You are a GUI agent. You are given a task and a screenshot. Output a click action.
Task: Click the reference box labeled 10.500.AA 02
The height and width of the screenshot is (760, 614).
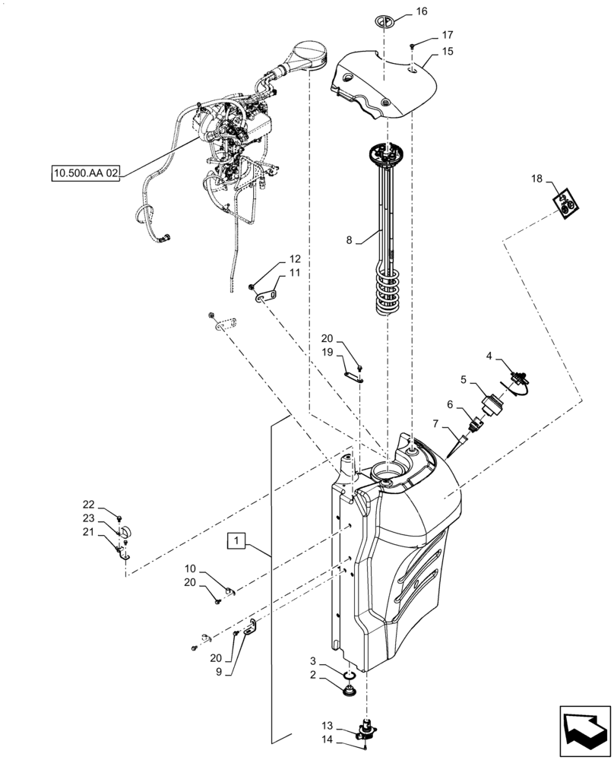[86, 173]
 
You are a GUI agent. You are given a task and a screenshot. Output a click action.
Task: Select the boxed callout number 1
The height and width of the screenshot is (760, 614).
[238, 541]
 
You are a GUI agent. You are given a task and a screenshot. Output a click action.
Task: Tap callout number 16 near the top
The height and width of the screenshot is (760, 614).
[421, 11]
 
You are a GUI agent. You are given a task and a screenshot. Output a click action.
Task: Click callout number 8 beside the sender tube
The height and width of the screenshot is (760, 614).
[350, 240]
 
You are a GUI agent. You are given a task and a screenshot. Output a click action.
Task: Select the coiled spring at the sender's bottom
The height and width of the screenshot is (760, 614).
[391, 293]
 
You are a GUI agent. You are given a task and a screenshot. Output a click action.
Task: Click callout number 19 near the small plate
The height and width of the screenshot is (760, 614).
[327, 353]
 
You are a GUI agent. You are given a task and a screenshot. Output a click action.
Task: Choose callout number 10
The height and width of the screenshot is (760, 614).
[191, 568]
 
